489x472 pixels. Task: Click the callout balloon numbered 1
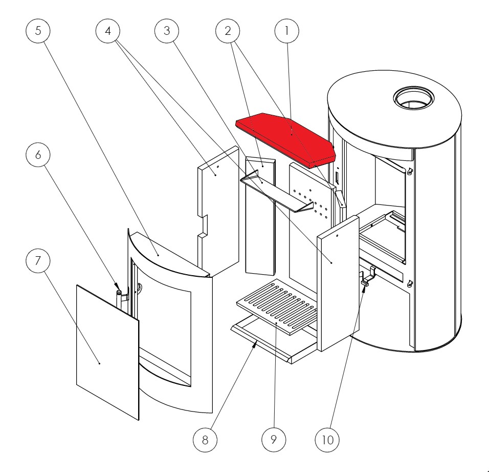tap(287, 31)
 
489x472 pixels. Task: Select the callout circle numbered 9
tap(275, 440)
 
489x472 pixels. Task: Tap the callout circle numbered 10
tap(334, 440)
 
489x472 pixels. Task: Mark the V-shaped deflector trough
tap(276, 192)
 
